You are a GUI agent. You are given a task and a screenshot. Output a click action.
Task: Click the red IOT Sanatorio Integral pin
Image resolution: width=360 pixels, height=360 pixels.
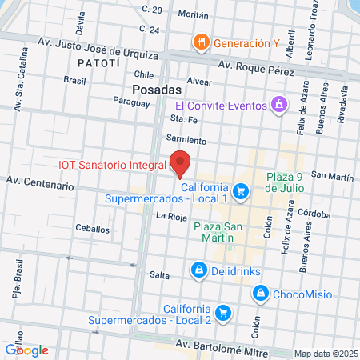[180, 163]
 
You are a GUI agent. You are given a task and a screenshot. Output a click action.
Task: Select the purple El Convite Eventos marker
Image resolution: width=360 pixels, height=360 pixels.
[278, 104]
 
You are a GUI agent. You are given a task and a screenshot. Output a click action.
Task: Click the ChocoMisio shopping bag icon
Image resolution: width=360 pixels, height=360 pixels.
[259, 294]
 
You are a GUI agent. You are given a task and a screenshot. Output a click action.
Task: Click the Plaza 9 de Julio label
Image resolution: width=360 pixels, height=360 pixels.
[294, 184]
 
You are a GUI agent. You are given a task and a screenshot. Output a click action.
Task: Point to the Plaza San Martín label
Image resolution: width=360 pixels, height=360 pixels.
[215, 232]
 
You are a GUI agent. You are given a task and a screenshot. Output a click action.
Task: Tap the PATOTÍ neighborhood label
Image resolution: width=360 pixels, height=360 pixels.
[98, 62]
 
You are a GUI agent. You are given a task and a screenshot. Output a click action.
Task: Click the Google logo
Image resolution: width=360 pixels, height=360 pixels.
[26, 350]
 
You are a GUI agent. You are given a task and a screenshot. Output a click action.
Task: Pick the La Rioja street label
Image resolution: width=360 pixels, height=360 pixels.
[172, 216]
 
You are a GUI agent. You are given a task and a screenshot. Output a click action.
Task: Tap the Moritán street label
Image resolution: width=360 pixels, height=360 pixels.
[194, 15]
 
